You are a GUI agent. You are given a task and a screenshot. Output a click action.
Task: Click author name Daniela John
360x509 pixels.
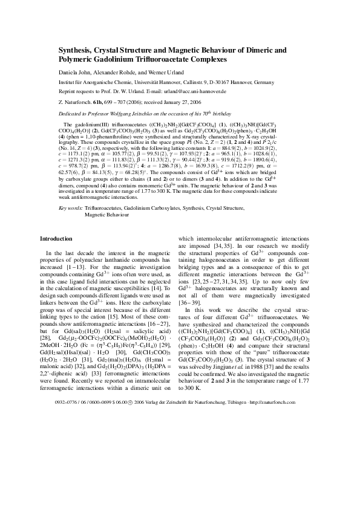coord(76,71)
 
